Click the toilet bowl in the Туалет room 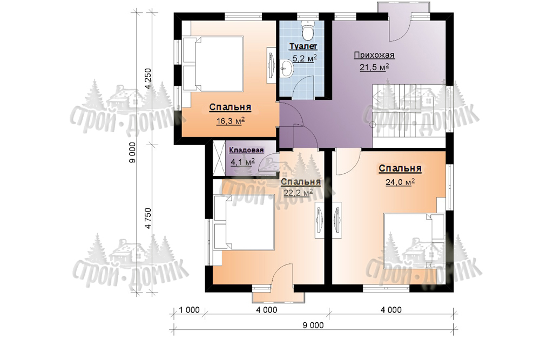click(x=307, y=30)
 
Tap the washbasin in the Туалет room click(x=287, y=68)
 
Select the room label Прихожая click(x=374, y=55)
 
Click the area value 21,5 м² click(x=374, y=67)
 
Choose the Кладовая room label click(x=246, y=150)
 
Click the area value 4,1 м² click(x=242, y=161)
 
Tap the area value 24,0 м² click(x=400, y=182)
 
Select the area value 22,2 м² click(x=298, y=193)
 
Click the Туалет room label click(x=303, y=46)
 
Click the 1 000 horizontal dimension click(x=190, y=310)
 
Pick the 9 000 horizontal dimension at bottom click(x=313, y=325)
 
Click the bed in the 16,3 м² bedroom click(x=213, y=64)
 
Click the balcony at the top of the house click(x=403, y=7)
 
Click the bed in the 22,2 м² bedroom click(x=244, y=222)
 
